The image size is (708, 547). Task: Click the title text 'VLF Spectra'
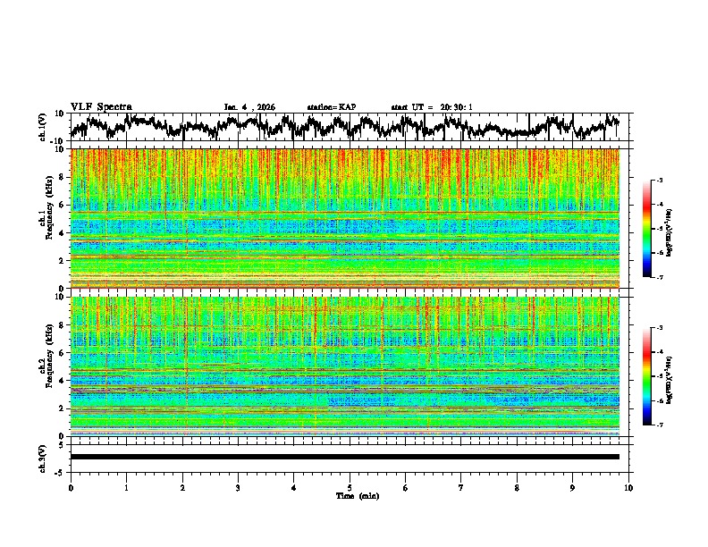click(101, 107)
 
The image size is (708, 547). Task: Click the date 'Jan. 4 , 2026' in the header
click(249, 107)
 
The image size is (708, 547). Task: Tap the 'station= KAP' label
click(332, 107)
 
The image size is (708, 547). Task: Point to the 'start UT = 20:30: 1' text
click(432, 107)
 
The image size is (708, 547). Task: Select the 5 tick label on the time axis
click(350, 487)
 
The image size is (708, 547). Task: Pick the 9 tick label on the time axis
click(573, 487)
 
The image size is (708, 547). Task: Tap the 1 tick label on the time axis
click(126, 487)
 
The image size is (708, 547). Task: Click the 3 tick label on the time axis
click(238, 487)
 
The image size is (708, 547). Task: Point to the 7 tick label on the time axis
click(461, 487)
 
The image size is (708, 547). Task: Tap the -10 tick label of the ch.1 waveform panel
click(56, 140)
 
